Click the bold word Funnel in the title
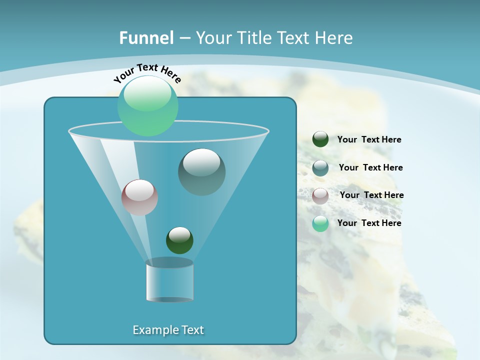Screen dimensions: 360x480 tap(146, 38)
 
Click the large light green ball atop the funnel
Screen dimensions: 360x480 tap(148, 106)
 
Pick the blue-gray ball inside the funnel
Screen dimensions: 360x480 tap(201, 172)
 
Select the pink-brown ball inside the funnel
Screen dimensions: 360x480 tap(139, 197)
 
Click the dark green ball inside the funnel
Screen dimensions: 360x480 tap(179, 240)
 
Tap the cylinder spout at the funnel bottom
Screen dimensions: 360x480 tap(169, 280)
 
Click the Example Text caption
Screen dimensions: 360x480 tap(168, 330)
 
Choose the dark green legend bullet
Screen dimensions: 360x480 tap(320, 139)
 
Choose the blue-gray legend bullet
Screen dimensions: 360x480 tap(320, 168)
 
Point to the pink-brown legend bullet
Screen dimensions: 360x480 tap(320, 196)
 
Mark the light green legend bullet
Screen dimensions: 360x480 tap(320, 223)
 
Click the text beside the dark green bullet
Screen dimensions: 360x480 tap(369, 140)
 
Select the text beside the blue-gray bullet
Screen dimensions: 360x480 tap(370, 168)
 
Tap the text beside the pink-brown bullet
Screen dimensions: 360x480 tap(371, 195)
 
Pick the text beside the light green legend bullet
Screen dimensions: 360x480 tap(369, 223)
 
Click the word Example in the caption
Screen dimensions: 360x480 tap(152, 330)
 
